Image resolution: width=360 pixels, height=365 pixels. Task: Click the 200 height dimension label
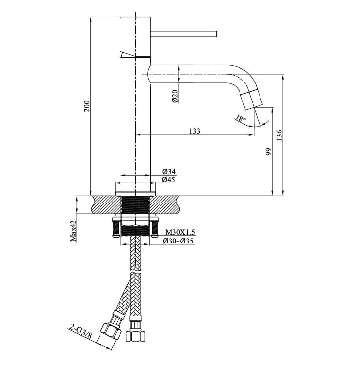coord(87,106)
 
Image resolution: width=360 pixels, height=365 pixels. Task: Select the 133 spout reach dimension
coord(195,131)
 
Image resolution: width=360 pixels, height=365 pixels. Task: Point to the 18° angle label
coord(240,119)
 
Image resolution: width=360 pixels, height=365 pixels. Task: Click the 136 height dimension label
coord(279,135)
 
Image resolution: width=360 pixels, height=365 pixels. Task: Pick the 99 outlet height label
coord(269,152)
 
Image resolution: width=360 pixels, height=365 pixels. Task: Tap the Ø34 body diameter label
coord(169,172)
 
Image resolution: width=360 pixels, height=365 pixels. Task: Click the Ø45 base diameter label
coord(169,180)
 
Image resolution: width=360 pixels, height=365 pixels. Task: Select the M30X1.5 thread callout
coord(180,232)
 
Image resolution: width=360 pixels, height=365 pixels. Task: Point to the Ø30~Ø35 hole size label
coord(178,241)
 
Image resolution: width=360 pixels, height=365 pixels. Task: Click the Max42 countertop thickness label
coord(73,231)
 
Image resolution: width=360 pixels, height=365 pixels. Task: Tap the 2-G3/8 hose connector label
coord(80,332)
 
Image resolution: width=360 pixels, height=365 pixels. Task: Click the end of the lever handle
coord(216,34)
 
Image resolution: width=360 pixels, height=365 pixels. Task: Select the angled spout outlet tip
coord(255,107)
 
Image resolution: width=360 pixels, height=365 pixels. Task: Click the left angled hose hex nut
coord(111,330)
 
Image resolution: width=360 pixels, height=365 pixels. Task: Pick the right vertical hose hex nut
coord(136,336)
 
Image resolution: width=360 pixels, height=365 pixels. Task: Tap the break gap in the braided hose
coord(136,271)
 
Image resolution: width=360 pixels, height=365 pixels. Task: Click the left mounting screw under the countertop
coord(116,229)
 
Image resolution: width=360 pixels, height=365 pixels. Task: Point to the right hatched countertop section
coord(165,205)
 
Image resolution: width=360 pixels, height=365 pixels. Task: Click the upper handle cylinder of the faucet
coord(135,37)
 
